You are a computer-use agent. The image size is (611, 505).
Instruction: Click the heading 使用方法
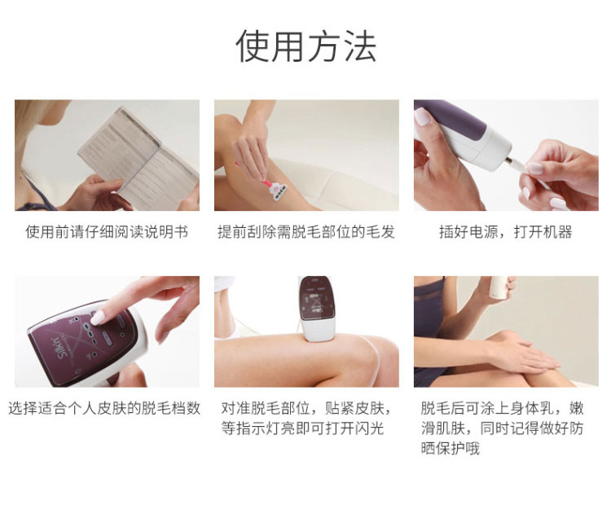(305, 46)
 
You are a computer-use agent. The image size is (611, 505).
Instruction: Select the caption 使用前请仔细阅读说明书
(107, 232)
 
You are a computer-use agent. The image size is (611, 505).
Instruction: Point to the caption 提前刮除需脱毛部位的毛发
(306, 232)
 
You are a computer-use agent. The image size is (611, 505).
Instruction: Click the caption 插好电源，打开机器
(505, 232)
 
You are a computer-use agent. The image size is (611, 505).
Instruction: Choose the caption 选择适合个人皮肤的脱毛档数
(104, 408)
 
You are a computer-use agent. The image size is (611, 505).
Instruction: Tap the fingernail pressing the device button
(98, 318)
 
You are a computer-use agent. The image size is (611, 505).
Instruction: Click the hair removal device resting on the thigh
(317, 309)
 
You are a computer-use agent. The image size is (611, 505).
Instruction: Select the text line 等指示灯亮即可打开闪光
(303, 428)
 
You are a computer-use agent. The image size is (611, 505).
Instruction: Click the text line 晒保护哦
(450, 449)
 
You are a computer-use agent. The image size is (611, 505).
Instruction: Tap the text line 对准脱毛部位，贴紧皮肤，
(306, 408)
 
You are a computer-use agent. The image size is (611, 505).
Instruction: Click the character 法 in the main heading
(360, 46)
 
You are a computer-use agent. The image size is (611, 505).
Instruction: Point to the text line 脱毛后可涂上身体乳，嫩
(502, 408)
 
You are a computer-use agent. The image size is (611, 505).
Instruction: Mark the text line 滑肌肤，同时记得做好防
(502, 428)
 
